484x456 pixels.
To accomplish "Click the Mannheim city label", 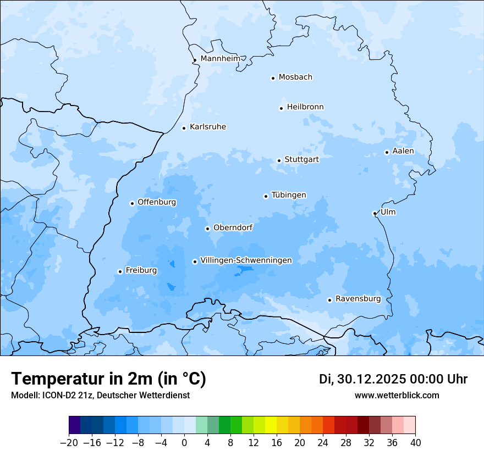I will click(221, 59).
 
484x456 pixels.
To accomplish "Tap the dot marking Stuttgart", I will click(279, 160).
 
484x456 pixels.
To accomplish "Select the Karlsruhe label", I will click(208, 127).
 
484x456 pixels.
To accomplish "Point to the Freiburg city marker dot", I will click(120, 271).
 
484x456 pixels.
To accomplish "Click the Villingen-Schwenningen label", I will click(246, 260).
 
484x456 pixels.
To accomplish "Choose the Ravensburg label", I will click(358, 299).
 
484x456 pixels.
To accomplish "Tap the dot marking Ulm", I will click(375, 213).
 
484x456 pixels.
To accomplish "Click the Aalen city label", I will click(403, 151).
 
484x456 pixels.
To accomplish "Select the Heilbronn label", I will click(305, 107).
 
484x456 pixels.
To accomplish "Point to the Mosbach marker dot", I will click(273, 78).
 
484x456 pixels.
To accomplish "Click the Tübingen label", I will click(289, 195).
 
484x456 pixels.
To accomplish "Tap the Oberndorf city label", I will click(233, 227).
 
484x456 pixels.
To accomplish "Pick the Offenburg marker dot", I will click(132, 203).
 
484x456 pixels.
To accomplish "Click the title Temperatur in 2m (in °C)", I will click(108, 379).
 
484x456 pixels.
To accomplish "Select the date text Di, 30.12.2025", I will click(362, 379).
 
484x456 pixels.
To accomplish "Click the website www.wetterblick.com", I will click(397, 396).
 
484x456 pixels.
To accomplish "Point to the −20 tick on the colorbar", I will click(69, 443).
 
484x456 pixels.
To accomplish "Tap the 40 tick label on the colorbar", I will click(415, 443).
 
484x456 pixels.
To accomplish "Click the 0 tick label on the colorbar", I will click(184, 443).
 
